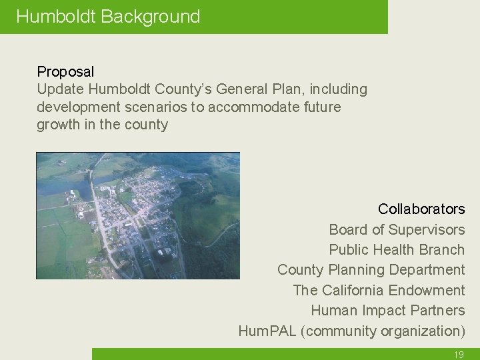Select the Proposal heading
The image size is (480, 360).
(x=65, y=71)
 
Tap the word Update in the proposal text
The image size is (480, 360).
(x=60, y=89)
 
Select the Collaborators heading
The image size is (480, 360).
(x=421, y=209)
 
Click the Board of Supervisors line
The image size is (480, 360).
(x=397, y=230)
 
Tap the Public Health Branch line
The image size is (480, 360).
(x=397, y=250)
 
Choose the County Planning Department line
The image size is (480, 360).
(x=371, y=270)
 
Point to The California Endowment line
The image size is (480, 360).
(x=379, y=291)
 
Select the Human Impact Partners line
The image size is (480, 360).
(x=387, y=311)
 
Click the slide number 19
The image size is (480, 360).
(x=459, y=355)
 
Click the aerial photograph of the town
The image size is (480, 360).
(x=137, y=215)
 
